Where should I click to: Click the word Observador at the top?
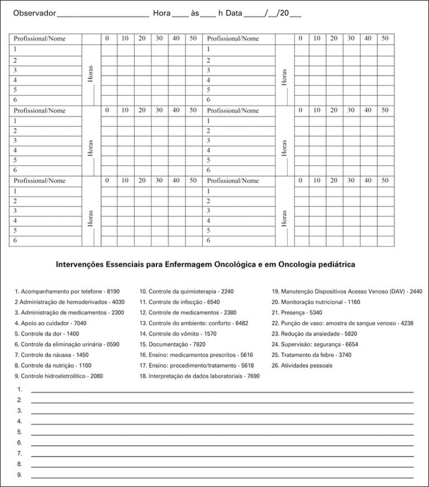(35, 12)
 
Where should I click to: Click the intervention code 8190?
(113, 291)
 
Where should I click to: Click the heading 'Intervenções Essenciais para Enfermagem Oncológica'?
(206, 263)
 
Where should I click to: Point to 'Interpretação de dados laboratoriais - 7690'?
(199, 376)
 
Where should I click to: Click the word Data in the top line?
(234, 12)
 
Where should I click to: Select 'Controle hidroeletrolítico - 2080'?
(59, 376)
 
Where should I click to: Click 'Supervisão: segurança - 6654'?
(315, 344)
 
